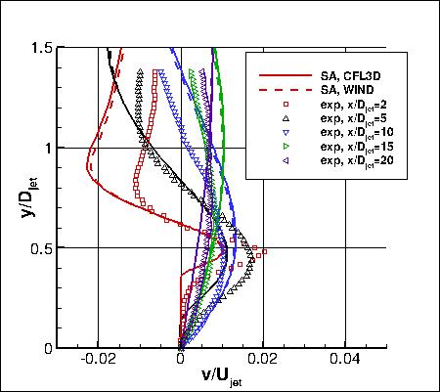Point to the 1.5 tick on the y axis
pos(40,47)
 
